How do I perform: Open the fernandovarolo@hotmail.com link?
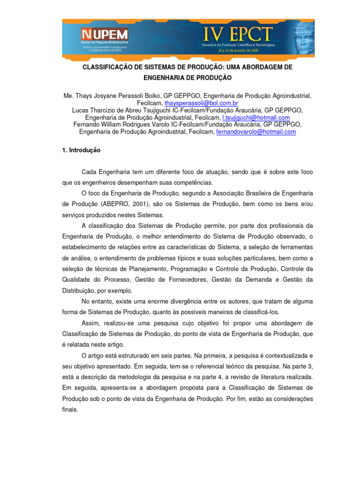[x=256, y=132]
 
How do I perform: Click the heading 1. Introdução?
[x=81, y=151]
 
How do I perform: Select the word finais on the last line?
[x=70, y=409]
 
